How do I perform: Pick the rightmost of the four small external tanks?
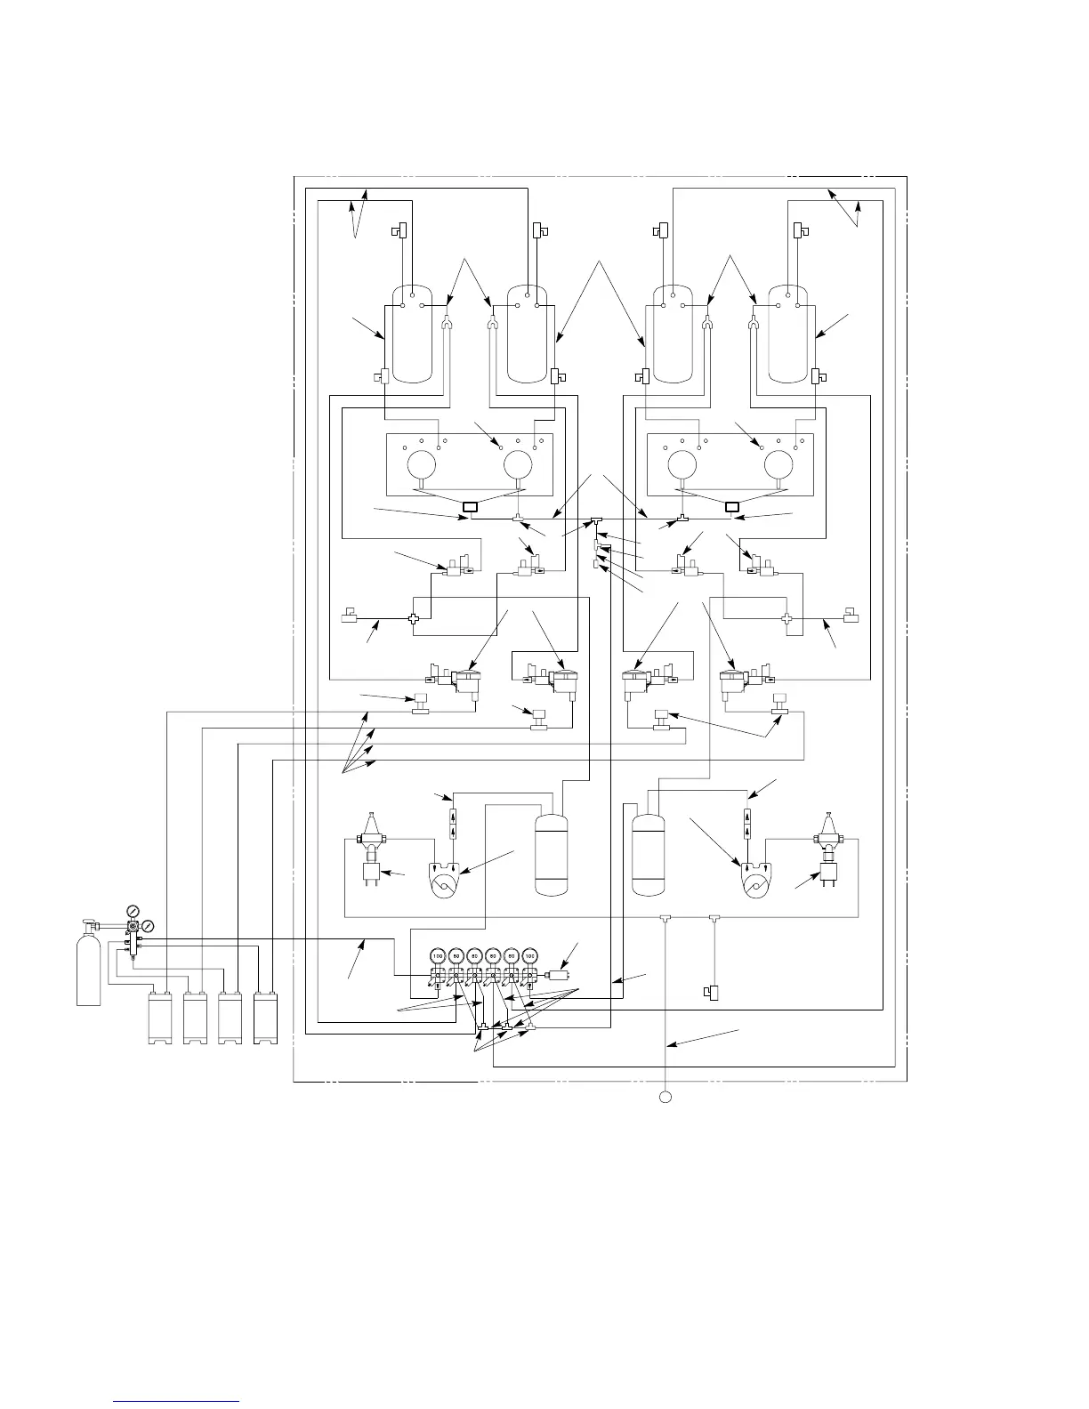point(266,1019)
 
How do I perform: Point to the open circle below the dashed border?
point(665,1096)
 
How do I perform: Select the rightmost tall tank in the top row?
point(793,334)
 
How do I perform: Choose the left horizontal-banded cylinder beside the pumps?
point(550,852)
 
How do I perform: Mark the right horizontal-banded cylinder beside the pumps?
point(649,852)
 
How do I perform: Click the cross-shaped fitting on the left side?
point(413,619)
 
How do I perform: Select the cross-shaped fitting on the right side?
point(786,618)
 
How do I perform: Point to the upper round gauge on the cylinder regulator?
point(133,911)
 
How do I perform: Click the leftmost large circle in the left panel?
point(420,464)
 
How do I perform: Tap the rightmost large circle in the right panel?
point(779,464)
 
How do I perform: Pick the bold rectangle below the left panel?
point(469,508)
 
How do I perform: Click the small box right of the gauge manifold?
point(560,975)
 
